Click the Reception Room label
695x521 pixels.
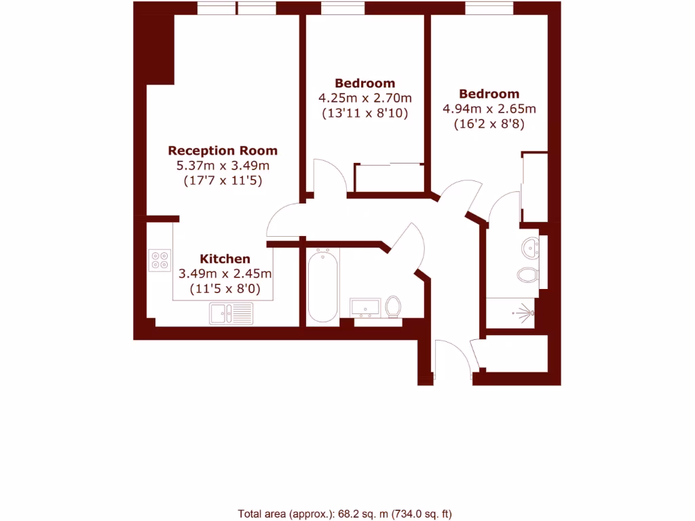(223, 151)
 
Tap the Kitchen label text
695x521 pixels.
(225, 259)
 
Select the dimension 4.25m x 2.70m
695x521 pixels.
(364, 98)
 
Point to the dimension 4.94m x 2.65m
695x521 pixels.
(489, 109)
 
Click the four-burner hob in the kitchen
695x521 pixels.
(160, 260)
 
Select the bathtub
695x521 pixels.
(322, 286)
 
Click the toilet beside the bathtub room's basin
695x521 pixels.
(393, 307)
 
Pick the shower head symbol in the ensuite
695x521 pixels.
(523, 313)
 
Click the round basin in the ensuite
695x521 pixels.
(531, 247)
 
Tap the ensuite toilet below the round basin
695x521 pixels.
(527, 275)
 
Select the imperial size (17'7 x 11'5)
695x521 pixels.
(223, 181)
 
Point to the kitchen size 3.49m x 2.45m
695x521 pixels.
(225, 274)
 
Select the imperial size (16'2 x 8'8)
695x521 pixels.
(489, 124)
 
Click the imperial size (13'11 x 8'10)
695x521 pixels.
(364, 113)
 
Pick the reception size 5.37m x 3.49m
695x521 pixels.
(223, 166)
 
